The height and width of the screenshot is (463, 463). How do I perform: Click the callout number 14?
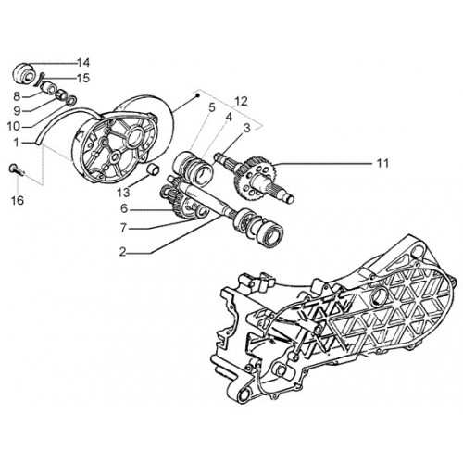click(83, 63)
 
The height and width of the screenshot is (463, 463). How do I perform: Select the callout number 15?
click(83, 78)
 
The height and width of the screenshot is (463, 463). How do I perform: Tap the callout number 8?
click(17, 96)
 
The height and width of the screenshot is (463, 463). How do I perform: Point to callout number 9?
click(18, 111)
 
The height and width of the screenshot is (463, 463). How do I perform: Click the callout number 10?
click(14, 126)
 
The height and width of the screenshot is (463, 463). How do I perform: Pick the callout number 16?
click(18, 201)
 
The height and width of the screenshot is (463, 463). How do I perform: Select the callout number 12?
click(241, 101)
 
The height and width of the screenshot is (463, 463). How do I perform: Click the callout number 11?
click(382, 163)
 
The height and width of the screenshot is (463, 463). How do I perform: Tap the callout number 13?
click(123, 193)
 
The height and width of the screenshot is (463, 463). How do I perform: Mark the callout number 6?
click(124, 209)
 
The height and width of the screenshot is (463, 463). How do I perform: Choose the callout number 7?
click(123, 229)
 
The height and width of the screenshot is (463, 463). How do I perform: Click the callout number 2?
click(123, 253)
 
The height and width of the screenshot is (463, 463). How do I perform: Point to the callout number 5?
click(211, 107)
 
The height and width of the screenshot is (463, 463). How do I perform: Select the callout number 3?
click(247, 129)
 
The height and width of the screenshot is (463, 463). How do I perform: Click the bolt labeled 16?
click(17, 169)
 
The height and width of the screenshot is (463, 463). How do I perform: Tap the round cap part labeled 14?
click(24, 73)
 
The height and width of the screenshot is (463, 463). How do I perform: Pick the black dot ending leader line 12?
click(198, 95)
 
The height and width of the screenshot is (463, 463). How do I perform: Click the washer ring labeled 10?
click(72, 100)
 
